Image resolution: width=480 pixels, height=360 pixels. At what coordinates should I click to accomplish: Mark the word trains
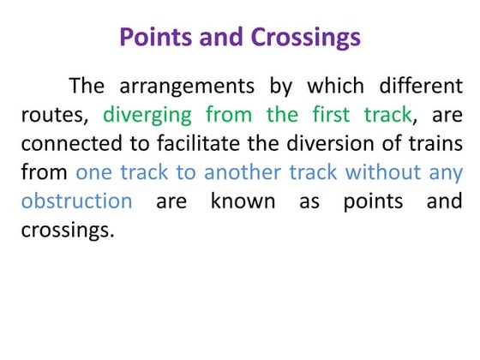pos(435,143)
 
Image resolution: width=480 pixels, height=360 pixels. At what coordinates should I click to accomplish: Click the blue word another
pos(245,172)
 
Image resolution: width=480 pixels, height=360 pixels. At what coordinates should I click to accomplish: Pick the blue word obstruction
pos(76,201)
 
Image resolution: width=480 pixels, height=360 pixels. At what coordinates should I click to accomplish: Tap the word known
pos(244,201)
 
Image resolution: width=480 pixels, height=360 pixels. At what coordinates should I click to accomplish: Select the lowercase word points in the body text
pos(373,201)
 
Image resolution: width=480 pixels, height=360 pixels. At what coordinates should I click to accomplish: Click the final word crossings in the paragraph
pos(67,230)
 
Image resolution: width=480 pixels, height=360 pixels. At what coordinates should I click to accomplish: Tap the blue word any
pos(447,173)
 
